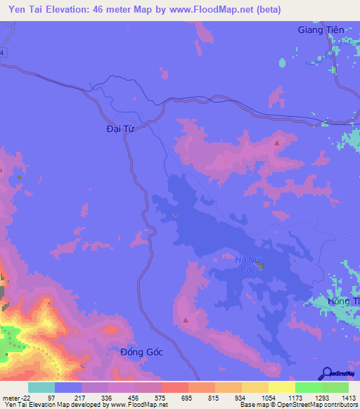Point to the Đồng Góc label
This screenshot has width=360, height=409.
click(x=141, y=351)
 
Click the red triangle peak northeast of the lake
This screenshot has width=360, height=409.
click(x=277, y=143)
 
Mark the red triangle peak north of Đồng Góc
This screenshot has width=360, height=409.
click(x=186, y=320)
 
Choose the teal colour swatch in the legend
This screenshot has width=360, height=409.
click(x=41, y=387)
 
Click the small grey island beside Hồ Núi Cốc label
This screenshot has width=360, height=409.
click(x=261, y=266)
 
